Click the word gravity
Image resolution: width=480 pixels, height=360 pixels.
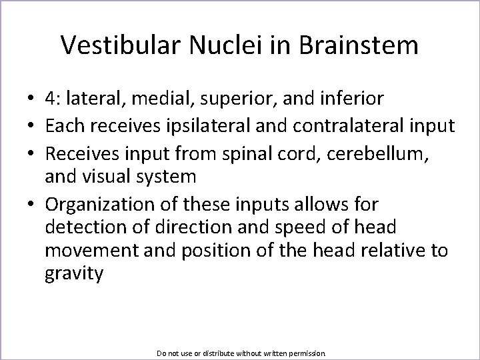click(x=74, y=275)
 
